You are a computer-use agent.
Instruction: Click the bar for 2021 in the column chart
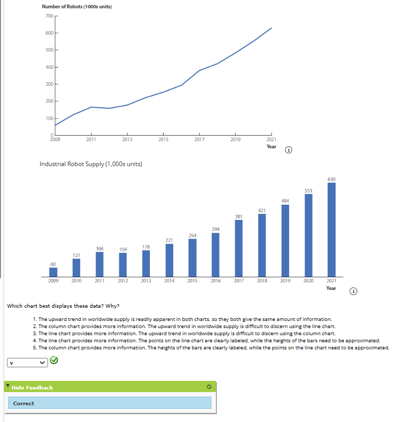pyautogui.click(x=331, y=229)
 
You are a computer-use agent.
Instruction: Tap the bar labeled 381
pyautogui.click(x=239, y=247)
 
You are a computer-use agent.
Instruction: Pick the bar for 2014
pyautogui.click(x=169, y=259)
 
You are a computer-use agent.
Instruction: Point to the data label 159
pyautogui.click(x=123, y=249)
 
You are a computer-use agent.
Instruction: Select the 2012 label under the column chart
pyautogui.click(x=122, y=280)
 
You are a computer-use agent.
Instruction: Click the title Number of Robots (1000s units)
pyautogui.click(x=77, y=6)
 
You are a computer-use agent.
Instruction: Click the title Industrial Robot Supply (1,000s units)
pyautogui.click(x=90, y=164)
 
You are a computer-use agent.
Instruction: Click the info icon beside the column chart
pyautogui.click(x=354, y=291)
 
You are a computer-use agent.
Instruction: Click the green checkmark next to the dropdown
pyautogui.click(x=54, y=361)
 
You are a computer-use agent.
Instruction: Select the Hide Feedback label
pyautogui.click(x=33, y=387)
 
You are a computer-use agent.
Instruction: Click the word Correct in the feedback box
pyautogui.click(x=23, y=403)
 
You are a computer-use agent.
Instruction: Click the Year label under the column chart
pyautogui.click(x=331, y=288)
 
